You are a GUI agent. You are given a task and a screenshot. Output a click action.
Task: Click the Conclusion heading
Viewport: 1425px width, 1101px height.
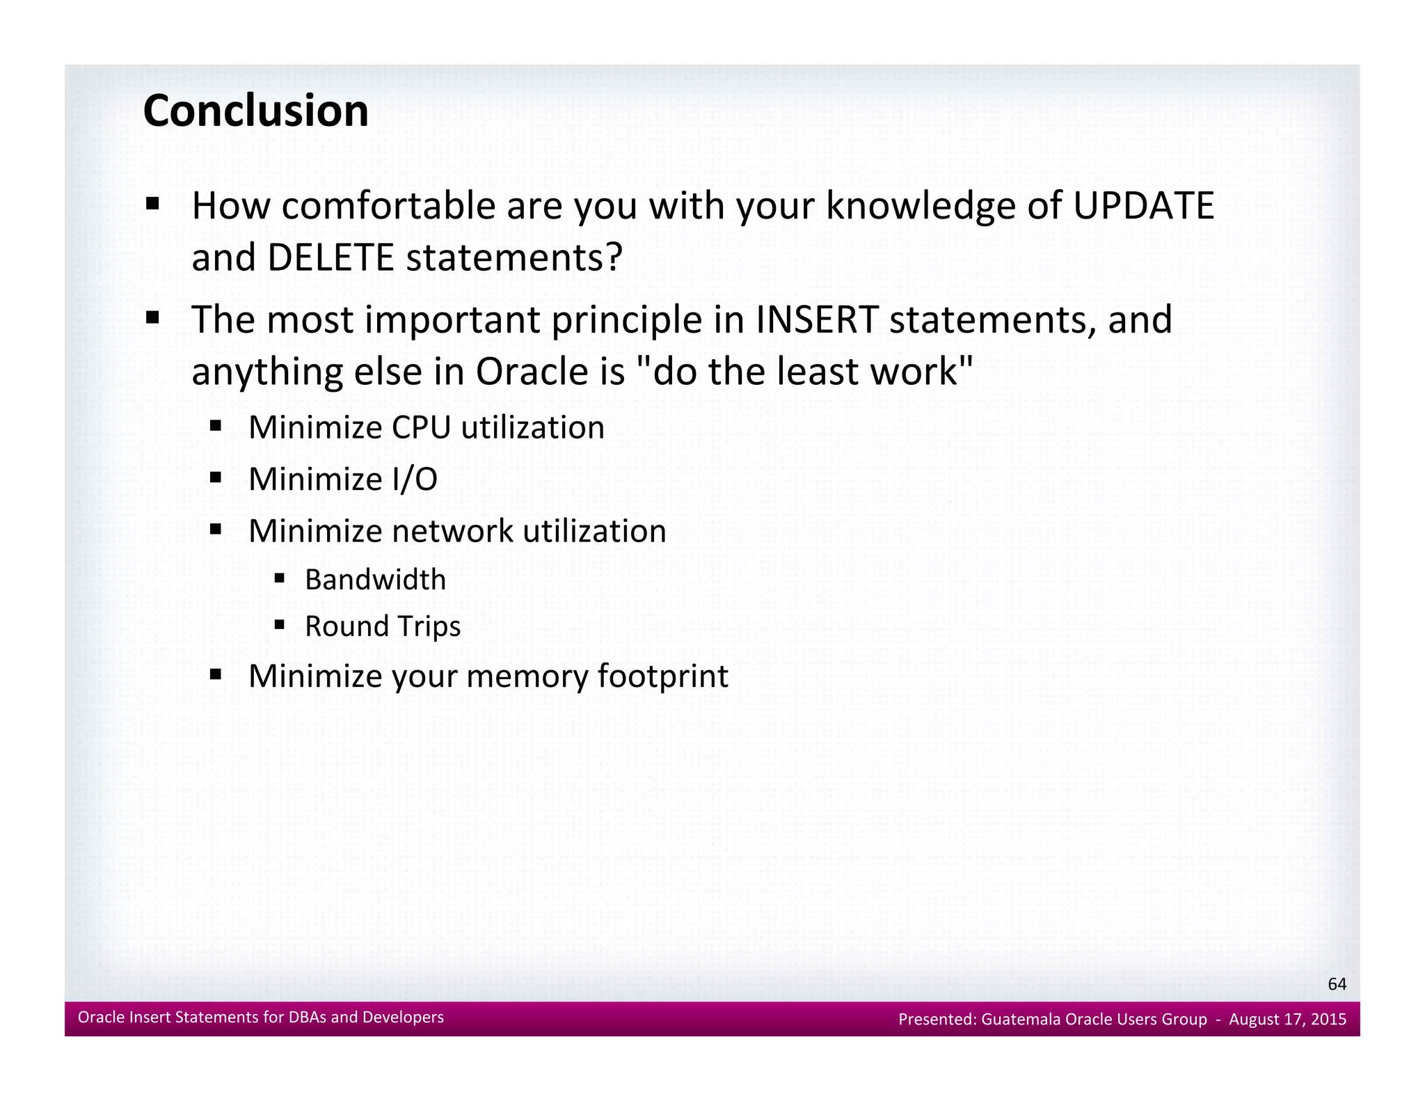255,111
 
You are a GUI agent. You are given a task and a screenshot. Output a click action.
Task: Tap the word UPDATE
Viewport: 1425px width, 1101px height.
1143,206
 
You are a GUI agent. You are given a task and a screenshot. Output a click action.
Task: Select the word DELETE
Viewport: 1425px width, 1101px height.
330,258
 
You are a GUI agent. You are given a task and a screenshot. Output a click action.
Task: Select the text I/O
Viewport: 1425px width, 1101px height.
413,480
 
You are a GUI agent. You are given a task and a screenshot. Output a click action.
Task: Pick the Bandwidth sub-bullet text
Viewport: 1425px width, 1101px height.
375,580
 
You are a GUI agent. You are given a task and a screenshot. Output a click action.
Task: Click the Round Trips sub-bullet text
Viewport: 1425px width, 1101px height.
383,626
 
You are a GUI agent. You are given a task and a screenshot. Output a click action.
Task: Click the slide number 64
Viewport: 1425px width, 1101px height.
1337,984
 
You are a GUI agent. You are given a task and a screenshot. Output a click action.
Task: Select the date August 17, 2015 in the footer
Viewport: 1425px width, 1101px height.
1287,1020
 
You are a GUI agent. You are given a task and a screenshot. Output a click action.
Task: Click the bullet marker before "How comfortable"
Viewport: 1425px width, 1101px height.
152,205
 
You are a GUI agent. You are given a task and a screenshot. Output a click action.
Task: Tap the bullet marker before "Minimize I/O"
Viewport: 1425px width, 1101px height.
216,477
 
